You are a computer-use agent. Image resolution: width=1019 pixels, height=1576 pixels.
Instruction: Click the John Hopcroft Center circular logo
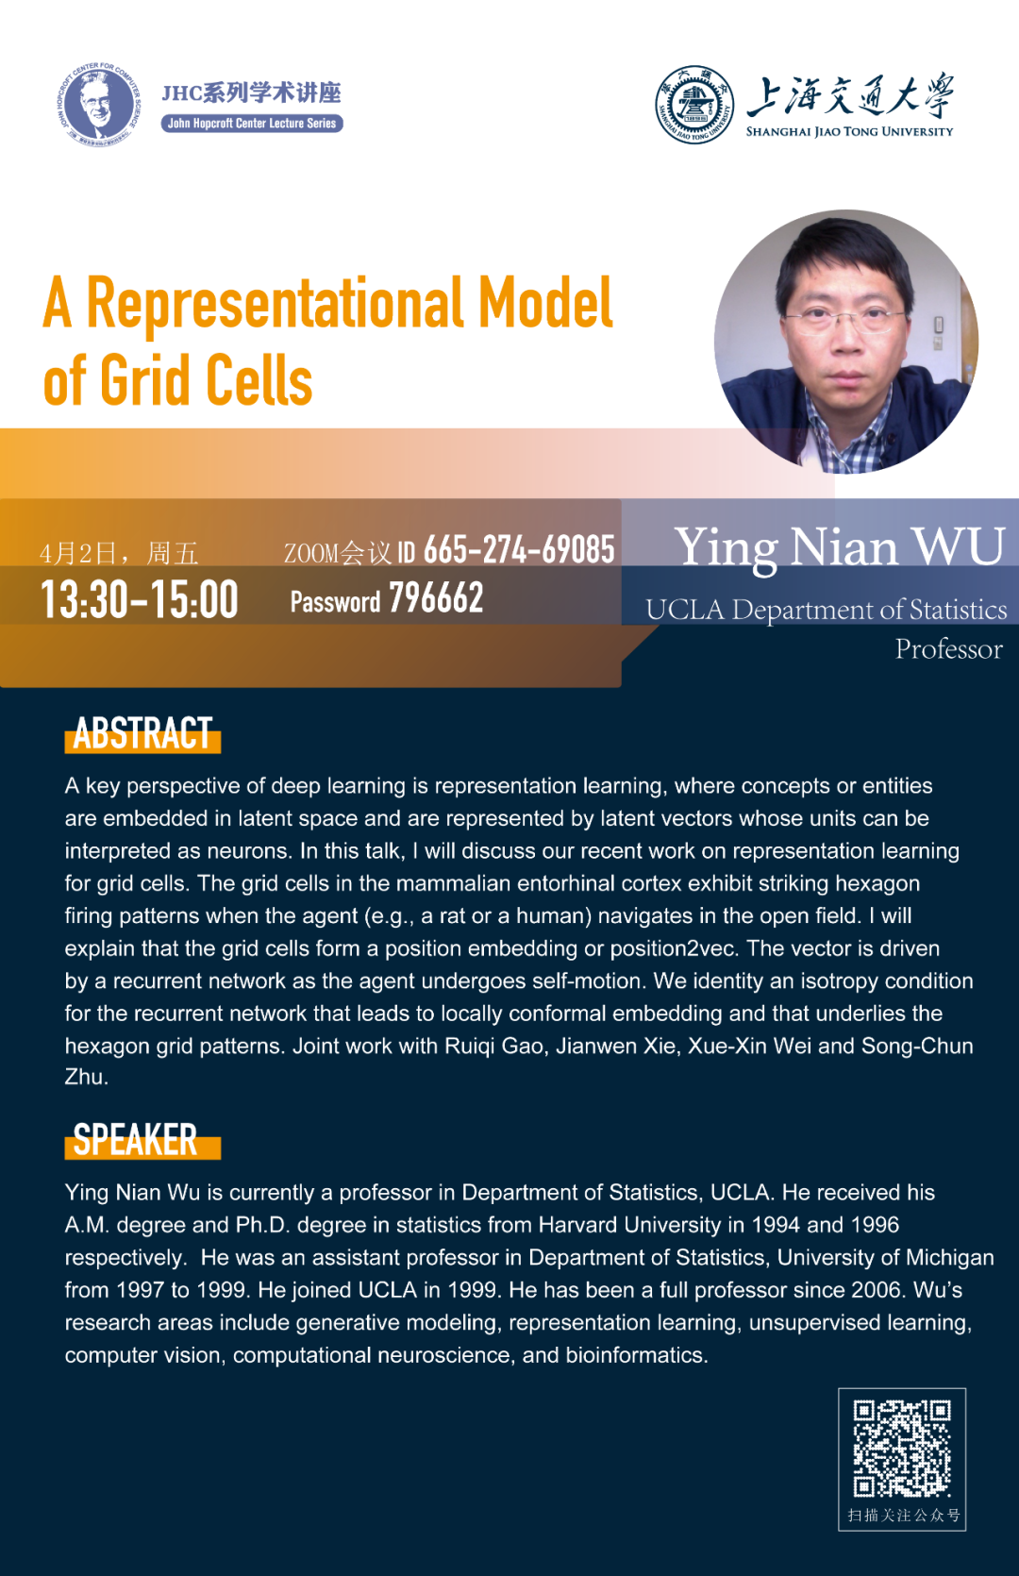(98, 104)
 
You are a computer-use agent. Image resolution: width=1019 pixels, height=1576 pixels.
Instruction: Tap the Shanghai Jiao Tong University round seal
(694, 104)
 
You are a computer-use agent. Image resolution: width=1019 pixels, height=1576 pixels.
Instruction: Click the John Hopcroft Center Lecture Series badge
(252, 123)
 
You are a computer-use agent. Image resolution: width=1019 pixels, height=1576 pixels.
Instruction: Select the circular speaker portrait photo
(846, 342)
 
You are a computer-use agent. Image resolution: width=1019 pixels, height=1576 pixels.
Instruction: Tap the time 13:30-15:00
(140, 600)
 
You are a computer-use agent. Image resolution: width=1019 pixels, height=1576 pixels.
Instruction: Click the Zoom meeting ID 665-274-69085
(519, 549)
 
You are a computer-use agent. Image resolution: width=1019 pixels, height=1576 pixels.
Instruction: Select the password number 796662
(436, 598)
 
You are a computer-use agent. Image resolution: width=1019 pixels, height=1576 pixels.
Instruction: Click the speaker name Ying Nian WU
(840, 547)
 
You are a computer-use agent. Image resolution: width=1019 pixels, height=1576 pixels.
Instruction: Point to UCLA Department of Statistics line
(827, 610)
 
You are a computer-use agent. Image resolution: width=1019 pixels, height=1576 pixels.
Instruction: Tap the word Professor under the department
(948, 648)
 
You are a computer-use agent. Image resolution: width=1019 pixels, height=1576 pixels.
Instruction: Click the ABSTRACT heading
(142, 734)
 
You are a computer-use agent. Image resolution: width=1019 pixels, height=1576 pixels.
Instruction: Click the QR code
(902, 1448)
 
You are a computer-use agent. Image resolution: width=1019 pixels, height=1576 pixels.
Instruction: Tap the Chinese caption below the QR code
(904, 1515)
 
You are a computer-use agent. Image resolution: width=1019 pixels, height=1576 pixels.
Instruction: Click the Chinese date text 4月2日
(77, 554)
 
